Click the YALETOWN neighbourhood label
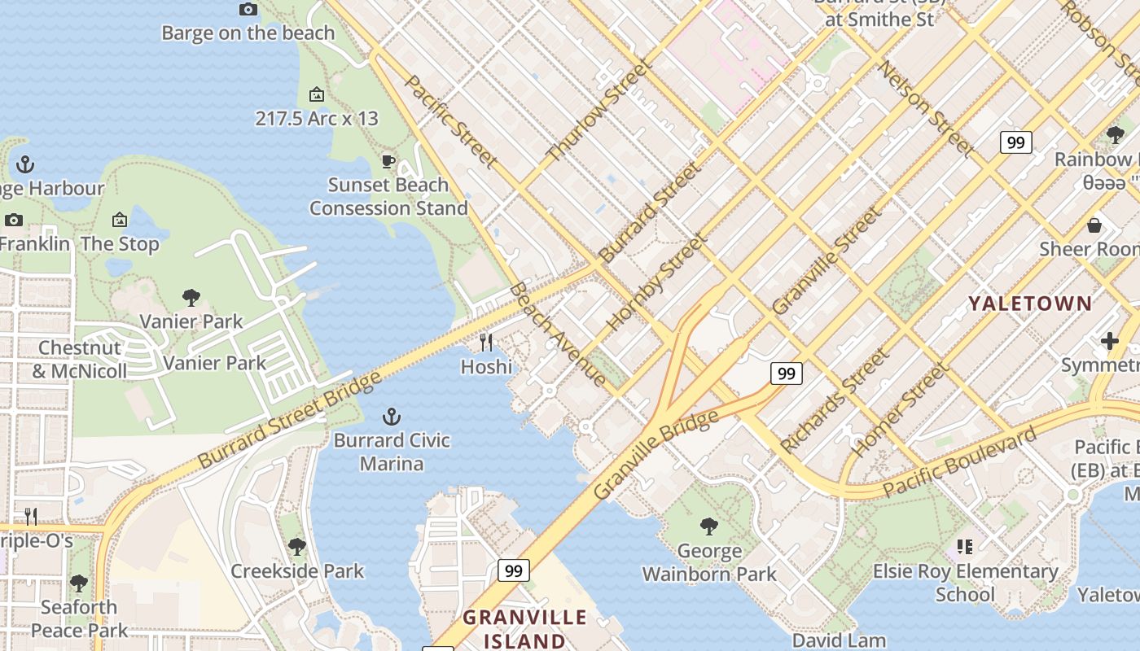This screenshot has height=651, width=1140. click(x=1030, y=304)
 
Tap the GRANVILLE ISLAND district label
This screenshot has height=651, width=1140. click(x=524, y=628)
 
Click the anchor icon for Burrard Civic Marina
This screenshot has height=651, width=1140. click(x=392, y=417)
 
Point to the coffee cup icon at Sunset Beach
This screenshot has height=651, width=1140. click(x=388, y=161)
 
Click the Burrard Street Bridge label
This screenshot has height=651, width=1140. click(x=289, y=420)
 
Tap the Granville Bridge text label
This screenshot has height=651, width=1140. click(x=656, y=455)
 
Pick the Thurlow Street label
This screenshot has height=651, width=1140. click(x=600, y=111)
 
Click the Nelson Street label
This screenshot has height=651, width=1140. click(x=926, y=109)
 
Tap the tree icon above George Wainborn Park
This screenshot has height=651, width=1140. click(x=709, y=526)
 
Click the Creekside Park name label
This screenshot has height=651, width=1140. click(x=297, y=570)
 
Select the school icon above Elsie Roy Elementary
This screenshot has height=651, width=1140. click(x=965, y=547)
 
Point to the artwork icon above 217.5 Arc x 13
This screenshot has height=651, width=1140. click(x=317, y=94)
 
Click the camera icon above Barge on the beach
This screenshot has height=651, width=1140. click(x=248, y=10)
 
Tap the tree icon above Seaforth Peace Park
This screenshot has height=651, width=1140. click(x=79, y=583)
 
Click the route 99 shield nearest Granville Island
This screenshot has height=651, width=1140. click(x=514, y=570)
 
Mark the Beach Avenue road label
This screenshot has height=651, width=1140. click(x=558, y=334)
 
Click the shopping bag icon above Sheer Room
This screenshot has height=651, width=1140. click(x=1094, y=225)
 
